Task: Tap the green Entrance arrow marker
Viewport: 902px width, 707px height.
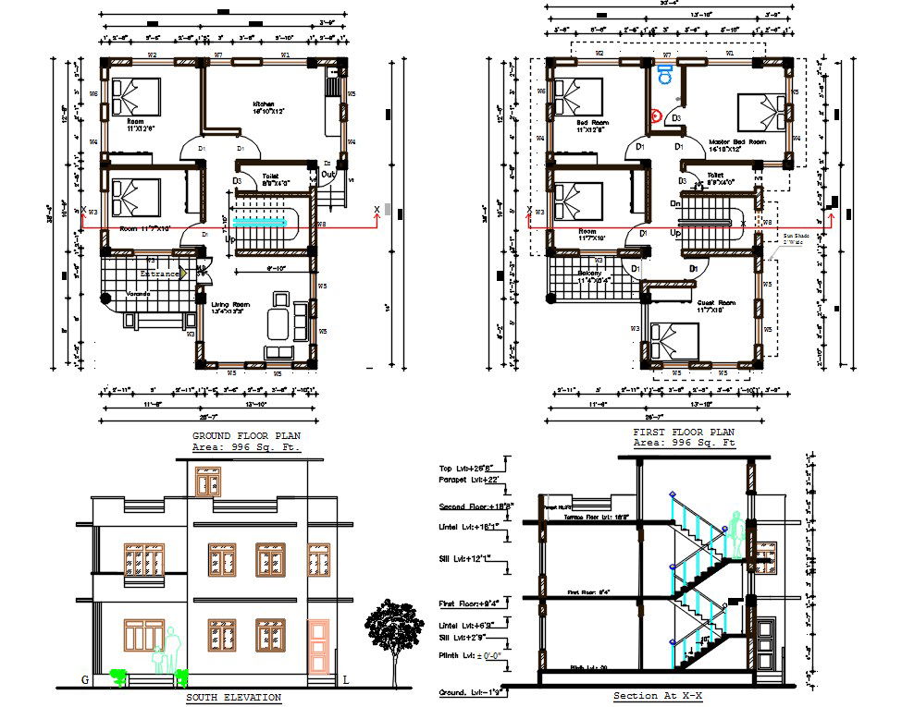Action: pos(184,274)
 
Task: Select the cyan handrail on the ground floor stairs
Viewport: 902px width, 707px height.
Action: pos(263,223)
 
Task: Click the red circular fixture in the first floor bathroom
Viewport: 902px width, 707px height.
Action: pos(656,116)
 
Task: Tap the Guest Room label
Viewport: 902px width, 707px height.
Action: pos(715,303)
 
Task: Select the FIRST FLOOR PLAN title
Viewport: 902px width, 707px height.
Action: pos(683,432)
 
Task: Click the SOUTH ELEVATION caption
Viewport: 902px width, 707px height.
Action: pos(233,697)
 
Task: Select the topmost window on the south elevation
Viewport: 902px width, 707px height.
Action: pos(208,481)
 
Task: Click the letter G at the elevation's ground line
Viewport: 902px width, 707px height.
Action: pos(85,680)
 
